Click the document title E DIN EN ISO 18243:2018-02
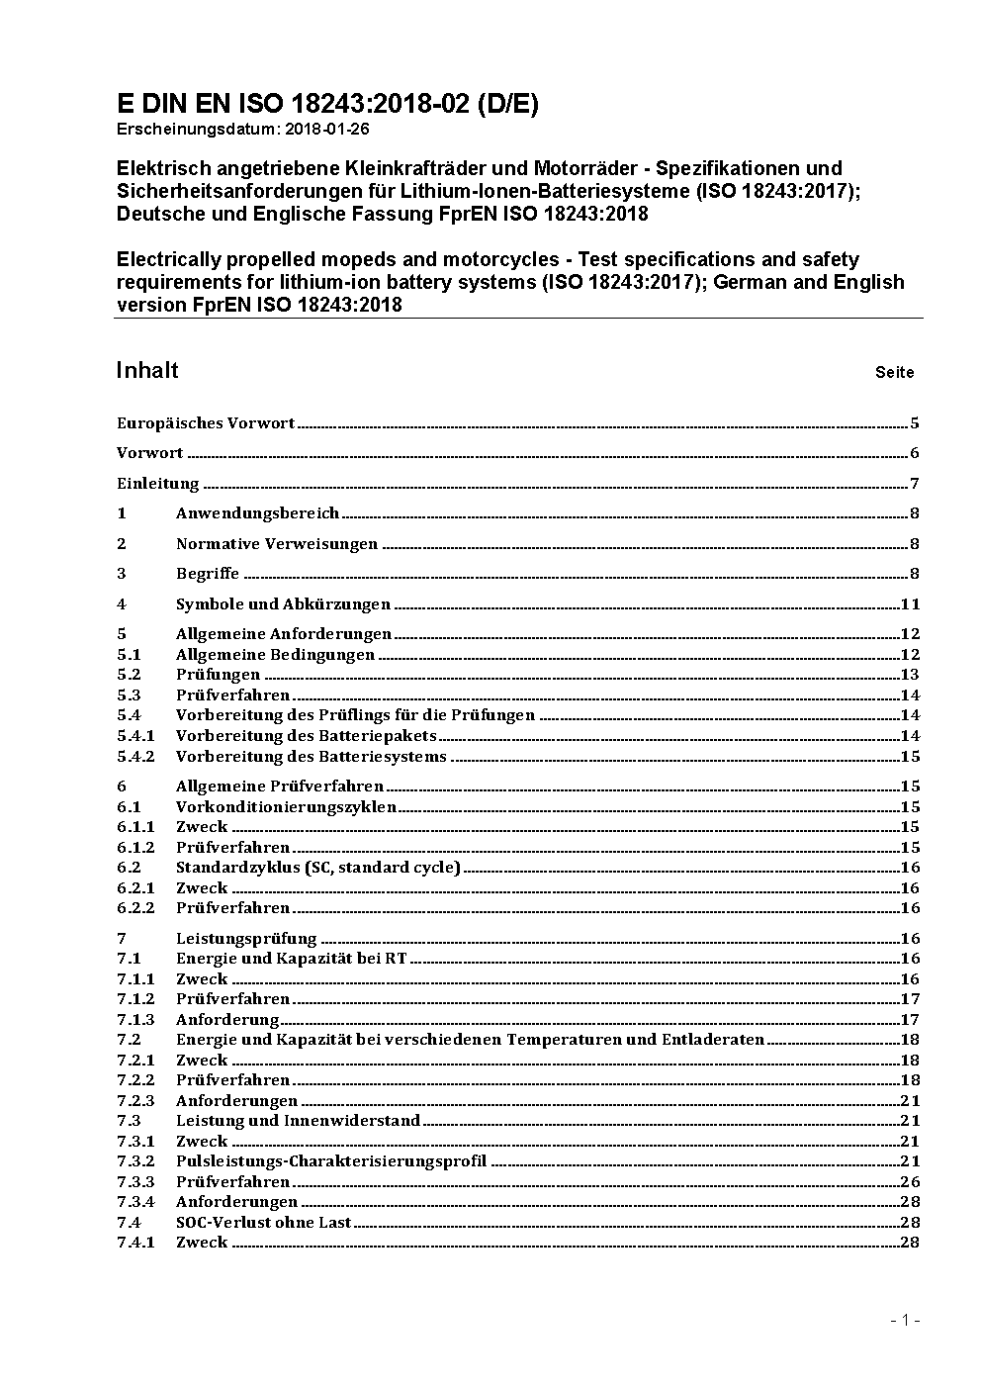(327, 104)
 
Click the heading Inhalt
(147, 370)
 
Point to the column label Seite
(894, 373)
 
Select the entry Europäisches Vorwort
(206, 423)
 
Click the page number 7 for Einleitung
(915, 484)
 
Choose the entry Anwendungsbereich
(257, 513)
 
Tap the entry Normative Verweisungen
(277, 544)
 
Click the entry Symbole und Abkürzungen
(283, 604)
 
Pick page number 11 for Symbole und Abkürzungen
(910, 604)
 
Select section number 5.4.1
(135, 736)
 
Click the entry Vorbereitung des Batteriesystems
(312, 757)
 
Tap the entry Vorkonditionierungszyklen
(286, 807)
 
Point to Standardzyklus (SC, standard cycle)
(318, 868)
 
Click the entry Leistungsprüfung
(246, 939)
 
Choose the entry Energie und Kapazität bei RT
(292, 959)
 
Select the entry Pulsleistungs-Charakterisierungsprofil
(331, 1161)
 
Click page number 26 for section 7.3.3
(910, 1182)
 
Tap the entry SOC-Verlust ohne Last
(264, 1223)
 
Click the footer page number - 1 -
(905, 1320)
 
